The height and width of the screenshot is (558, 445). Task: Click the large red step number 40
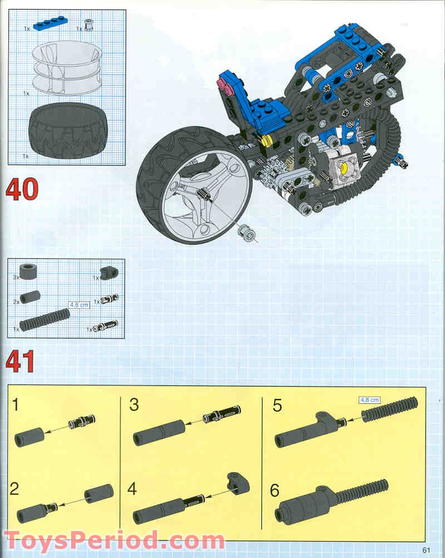[22, 189]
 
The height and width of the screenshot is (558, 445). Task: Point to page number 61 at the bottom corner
[427, 550]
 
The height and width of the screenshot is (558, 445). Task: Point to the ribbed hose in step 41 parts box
[44, 320]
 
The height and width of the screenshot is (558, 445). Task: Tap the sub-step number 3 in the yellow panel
[133, 404]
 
